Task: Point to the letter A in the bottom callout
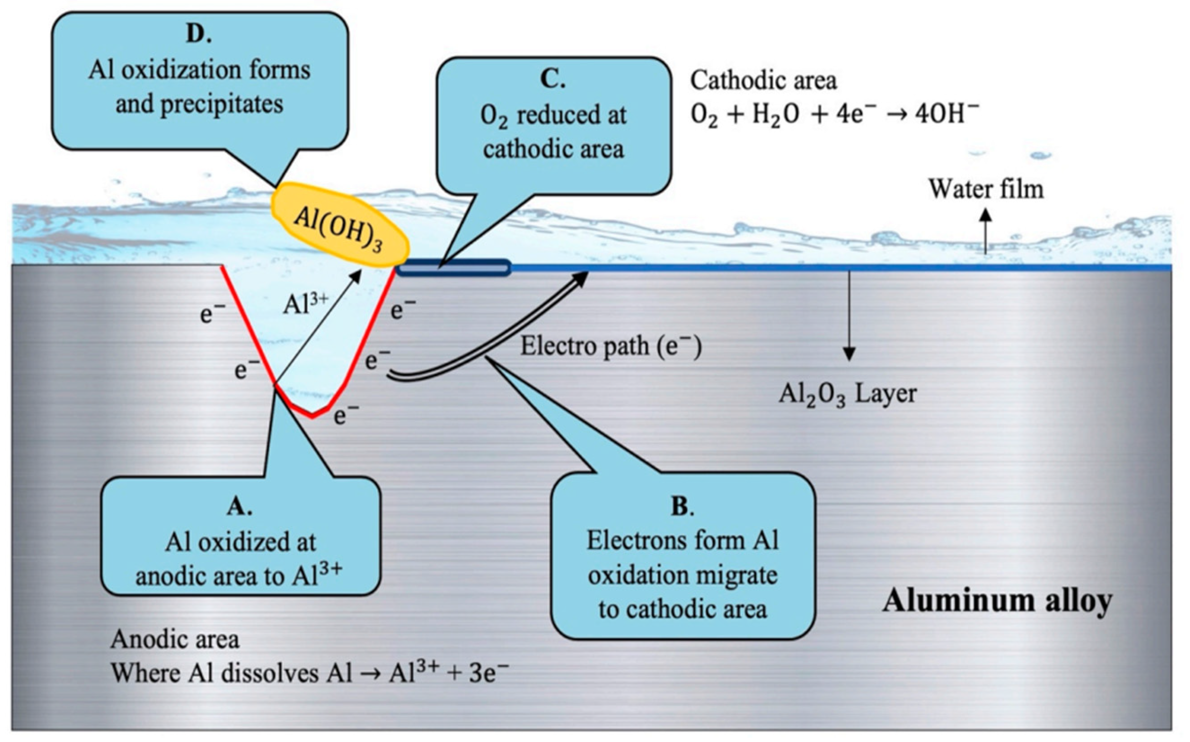click(x=238, y=507)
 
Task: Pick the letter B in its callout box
click(x=680, y=506)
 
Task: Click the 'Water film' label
click(x=986, y=189)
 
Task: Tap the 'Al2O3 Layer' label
click(x=848, y=394)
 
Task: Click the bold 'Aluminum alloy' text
click(x=997, y=601)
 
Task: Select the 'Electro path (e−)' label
click(x=611, y=346)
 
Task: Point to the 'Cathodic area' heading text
click(x=763, y=81)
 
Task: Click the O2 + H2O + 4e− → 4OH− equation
click(x=835, y=115)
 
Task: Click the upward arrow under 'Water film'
click(x=986, y=230)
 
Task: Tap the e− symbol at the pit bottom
click(x=346, y=416)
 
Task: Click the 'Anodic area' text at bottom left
click(x=175, y=639)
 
